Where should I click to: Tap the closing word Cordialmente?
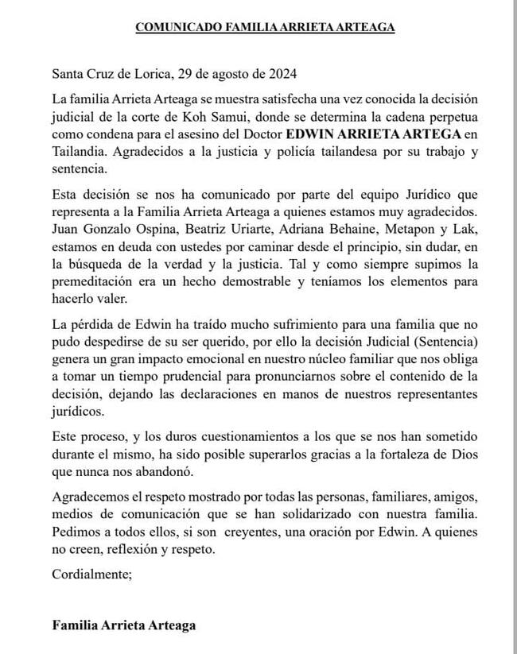90,575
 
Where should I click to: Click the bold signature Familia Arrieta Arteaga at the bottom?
123,625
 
